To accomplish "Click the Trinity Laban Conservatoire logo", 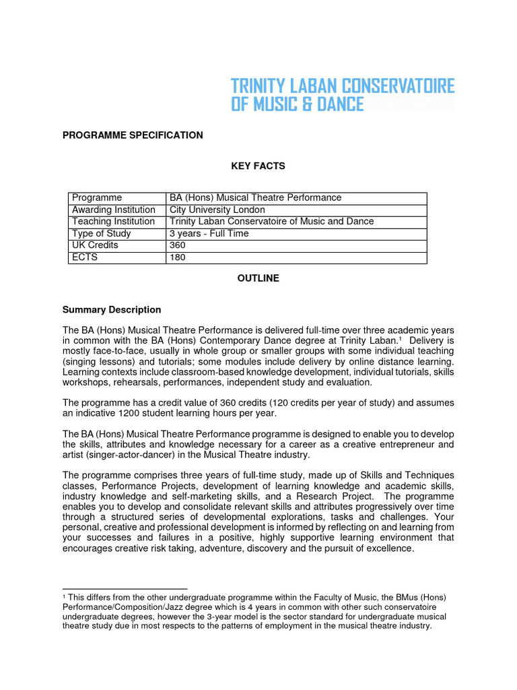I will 342,95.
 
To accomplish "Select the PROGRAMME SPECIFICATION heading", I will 133,135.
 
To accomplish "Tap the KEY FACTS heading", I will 258,166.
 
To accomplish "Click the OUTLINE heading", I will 258,278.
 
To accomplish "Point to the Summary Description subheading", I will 112,310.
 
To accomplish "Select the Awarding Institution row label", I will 114,210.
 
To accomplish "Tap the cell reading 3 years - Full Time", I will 209,234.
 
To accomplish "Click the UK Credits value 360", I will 178,245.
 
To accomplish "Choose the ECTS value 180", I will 178,257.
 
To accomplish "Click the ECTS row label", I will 85,257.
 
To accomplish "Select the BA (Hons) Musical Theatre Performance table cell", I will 255,197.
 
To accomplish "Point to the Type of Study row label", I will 102,234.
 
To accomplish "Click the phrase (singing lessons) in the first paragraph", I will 94,361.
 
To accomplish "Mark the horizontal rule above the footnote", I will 125,588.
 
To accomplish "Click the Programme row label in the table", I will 97,197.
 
